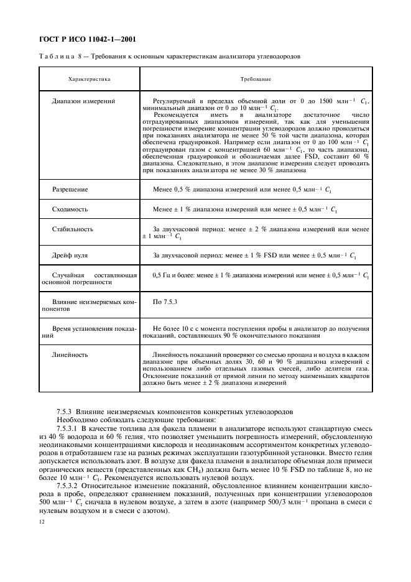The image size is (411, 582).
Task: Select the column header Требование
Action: pyautogui.click(x=255, y=80)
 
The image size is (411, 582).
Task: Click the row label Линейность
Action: pyautogui.click(x=70, y=355)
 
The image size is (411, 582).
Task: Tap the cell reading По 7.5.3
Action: pyautogui.click(x=165, y=302)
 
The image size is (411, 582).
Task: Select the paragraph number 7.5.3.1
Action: pyautogui.click(x=68, y=429)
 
